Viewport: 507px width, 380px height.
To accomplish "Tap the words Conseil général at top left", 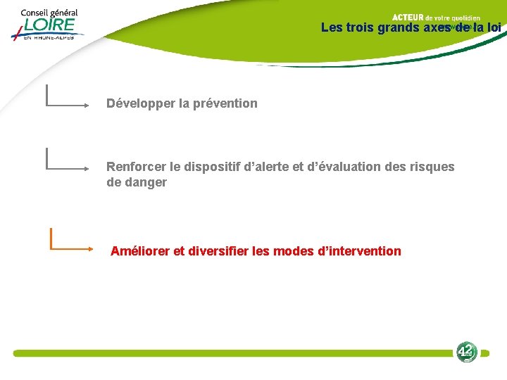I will pos(49,13).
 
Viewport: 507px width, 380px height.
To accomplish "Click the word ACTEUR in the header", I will pos(407,17).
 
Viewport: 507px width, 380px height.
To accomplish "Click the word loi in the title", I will pos(492,28).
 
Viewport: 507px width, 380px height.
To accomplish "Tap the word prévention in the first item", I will pos(225,103).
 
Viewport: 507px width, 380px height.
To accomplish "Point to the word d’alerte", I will pos(266,167).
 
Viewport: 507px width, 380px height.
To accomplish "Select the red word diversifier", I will pos(218,251).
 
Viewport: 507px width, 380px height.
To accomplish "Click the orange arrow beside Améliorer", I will pos(70,246).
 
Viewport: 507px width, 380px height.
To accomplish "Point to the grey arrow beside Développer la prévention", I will pos(67,104).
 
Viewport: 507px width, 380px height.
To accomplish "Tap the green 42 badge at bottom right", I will pos(465,351).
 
